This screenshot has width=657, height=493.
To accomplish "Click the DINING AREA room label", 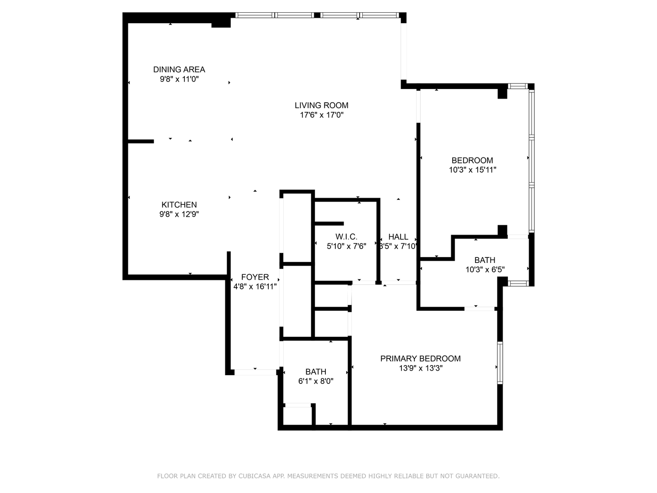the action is (179, 69).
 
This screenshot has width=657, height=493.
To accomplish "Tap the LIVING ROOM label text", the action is (322, 105).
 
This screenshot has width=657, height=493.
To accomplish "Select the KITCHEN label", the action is (179, 205).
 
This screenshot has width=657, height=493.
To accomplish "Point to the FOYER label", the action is (255, 277).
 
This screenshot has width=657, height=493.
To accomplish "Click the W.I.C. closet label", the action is (346, 237).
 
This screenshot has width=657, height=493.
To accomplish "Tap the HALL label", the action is (398, 237).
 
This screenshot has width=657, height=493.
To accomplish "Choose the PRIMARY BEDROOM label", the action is (421, 359).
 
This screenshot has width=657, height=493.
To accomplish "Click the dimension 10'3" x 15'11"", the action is (472, 170).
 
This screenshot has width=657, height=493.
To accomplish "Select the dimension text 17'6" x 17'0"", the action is (322, 115).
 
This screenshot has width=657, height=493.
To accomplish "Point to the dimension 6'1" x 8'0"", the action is (316, 381).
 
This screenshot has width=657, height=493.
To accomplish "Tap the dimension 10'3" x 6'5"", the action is (485, 270).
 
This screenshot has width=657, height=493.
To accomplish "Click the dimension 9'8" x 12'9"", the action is (179, 215).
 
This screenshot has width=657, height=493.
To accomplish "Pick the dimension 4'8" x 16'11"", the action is (255, 287).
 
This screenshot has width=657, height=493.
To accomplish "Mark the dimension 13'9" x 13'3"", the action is (421, 368).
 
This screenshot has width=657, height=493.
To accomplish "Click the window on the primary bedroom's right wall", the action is (500, 362).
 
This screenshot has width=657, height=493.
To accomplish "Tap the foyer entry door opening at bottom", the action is (255, 372).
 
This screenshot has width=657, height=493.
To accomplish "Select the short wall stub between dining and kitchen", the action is (141, 142).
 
